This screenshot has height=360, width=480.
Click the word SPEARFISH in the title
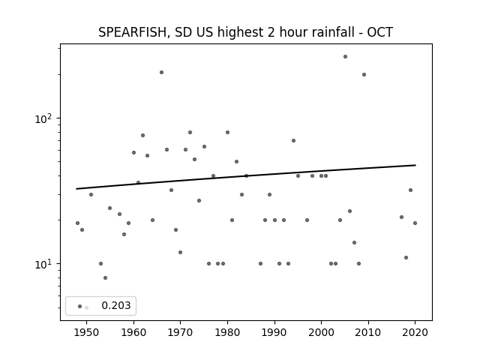coord(133,32)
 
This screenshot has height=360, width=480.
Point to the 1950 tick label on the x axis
coord(87,332)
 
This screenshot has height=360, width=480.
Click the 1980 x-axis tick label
coord(227,332)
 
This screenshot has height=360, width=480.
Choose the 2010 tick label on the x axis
coord(368,332)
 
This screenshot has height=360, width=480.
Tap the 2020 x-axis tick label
coord(415,332)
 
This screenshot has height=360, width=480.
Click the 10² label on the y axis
coord(43,118)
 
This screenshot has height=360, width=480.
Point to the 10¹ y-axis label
coord(43,264)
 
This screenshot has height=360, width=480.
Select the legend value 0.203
coord(116,305)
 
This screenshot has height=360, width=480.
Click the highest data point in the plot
coord(345,57)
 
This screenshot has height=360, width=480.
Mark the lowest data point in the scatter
coord(105,278)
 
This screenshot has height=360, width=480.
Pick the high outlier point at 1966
coord(162,73)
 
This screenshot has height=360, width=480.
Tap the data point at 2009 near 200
coord(364,75)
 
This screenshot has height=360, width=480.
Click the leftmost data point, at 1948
coord(77,223)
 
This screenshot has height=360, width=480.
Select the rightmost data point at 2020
coord(415,223)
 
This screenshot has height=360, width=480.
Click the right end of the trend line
coord(415,165)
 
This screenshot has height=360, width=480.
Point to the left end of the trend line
coord(76,189)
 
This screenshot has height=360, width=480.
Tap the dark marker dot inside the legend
coord(80,307)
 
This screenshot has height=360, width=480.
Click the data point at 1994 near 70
coord(293,141)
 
